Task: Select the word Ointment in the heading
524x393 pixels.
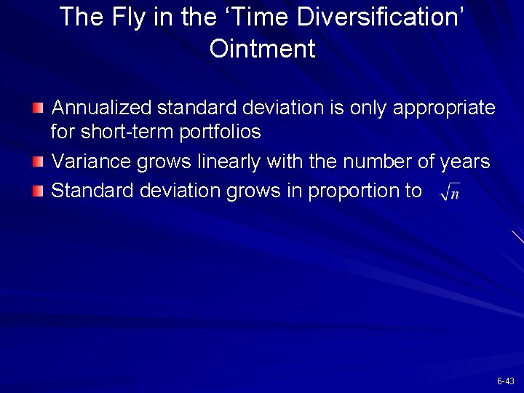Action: (x=262, y=49)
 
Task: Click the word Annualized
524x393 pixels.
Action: (x=102, y=108)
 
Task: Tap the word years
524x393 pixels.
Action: (x=465, y=162)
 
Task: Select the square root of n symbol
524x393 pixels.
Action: (x=450, y=192)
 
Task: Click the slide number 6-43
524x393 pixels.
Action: (x=505, y=381)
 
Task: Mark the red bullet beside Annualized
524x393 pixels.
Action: (x=39, y=109)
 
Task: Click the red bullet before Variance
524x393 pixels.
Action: (x=39, y=162)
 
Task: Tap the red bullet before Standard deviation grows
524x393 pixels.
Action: (x=39, y=191)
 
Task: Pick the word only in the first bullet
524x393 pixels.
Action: (x=368, y=108)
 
